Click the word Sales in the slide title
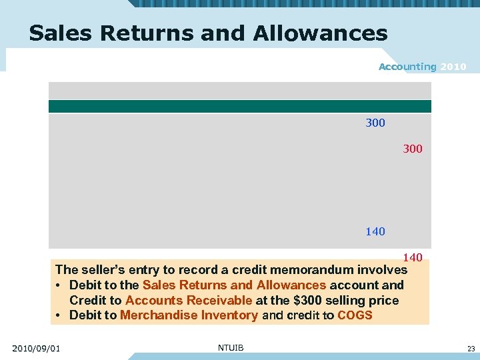pyautogui.click(x=56, y=33)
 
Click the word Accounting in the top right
pyautogui.click(x=407, y=67)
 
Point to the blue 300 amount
pyautogui.click(x=375, y=123)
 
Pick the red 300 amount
pyautogui.click(x=413, y=149)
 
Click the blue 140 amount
pyautogui.click(x=375, y=232)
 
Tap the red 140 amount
pyautogui.click(x=413, y=257)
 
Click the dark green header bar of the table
pyautogui.click(x=240, y=107)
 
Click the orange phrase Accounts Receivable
pyautogui.click(x=189, y=301)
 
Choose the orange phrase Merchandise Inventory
pyautogui.click(x=189, y=315)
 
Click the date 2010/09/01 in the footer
pyautogui.click(x=36, y=348)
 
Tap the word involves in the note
pyautogui.click(x=382, y=270)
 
